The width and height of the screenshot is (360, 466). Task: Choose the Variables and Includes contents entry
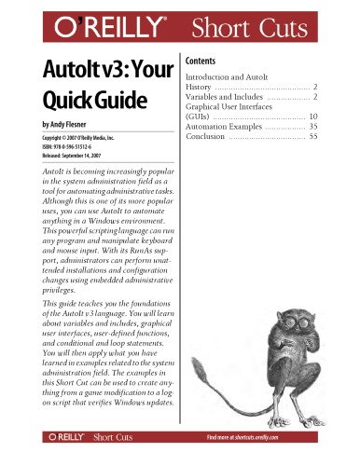coord(224,96)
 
